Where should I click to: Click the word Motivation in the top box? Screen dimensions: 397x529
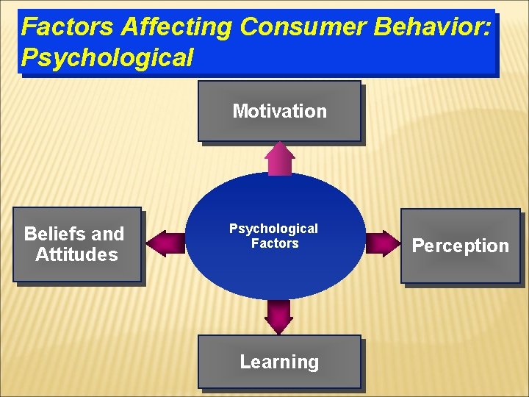click(x=279, y=112)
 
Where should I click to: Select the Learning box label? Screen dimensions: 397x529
click(x=279, y=362)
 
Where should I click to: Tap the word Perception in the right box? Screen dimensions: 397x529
click(x=460, y=246)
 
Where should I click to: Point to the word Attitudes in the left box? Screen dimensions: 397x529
click(x=76, y=255)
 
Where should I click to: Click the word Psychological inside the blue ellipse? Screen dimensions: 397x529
click(x=273, y=229)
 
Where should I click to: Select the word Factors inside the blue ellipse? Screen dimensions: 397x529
click(x=275, y=243)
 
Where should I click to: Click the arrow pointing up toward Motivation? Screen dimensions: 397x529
click(x=280, y=158)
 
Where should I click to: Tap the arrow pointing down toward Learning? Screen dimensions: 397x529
click(x=279, y=317)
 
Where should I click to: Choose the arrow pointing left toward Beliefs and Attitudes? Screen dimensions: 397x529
click(x=165, y=243)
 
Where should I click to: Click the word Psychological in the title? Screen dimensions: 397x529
click(x=107, y=57)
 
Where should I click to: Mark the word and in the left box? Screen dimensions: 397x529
click(x=108, y=235)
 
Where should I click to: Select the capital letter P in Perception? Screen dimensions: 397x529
click(x=418, y=246)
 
